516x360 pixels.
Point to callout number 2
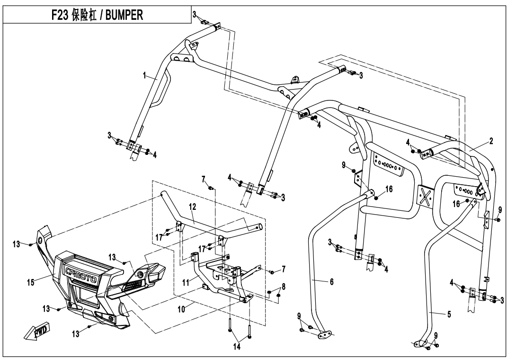pyautogui.click(x=491, y=141)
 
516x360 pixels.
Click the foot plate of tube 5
pyautogui.click(x=421, y=342)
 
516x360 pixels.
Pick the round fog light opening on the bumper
pyautogui.click(x=141, y=275)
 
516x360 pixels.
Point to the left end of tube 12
pyautogui.click(x=162, y=194)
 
